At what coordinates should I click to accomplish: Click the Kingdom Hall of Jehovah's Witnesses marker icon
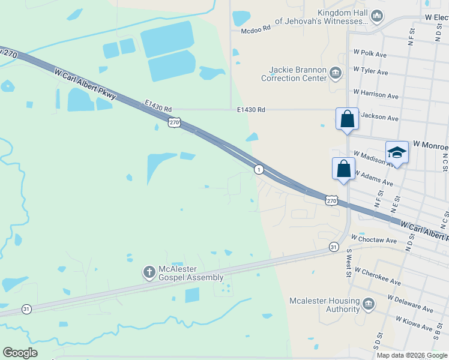pos(377,16)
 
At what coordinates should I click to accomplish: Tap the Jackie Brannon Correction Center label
pos(294,74)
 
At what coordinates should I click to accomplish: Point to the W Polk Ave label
pos(370,53)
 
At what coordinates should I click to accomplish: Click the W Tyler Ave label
pos(371,73)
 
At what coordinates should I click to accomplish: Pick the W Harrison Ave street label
pos(376,94)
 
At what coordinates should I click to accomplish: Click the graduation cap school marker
pos(397,154)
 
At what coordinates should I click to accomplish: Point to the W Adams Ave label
pos(373,178)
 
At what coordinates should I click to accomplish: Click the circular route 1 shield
pos(258,169)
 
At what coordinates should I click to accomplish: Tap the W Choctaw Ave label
pos(375,241)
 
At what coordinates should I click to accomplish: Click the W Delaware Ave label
pos(411,304)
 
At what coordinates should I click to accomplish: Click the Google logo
pos(20,353)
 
